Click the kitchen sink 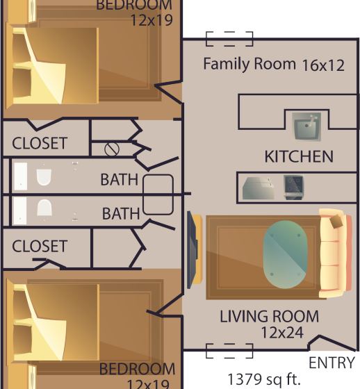pyautogui.click(x=306, y=126)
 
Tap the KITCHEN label pyautogui.click(x=299, y=157)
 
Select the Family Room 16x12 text pyautogui.click(x=274, y=64)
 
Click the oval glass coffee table pyautogui.click(x=285, y=254)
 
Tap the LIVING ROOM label pyautogui.click(x=270, y=316)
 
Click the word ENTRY pyautogui.click(x=332, y=363)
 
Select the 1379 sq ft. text pyautogui.click(x=264, y=379)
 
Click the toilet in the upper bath pyautogui.click(x=44, y=177)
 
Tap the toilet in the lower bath pyautogui.click(x=44, y=208)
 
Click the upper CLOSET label pyautogui.click(x=40, y=143)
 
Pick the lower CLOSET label pyautogui.click(x=40, y=246)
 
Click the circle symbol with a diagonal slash pyautogui.click(x=112, y=149)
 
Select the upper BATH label pyautogui.click(x=119, y=179)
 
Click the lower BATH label pyautogui.click(x=121, y=214)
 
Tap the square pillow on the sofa pyautogui.click(x=336, y=222)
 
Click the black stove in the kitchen pyautogui.click(x=293, y=188)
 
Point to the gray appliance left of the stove pyautogui.click(x=259, y=188)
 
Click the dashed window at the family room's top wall pyautogui.click(x=229, y=39)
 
